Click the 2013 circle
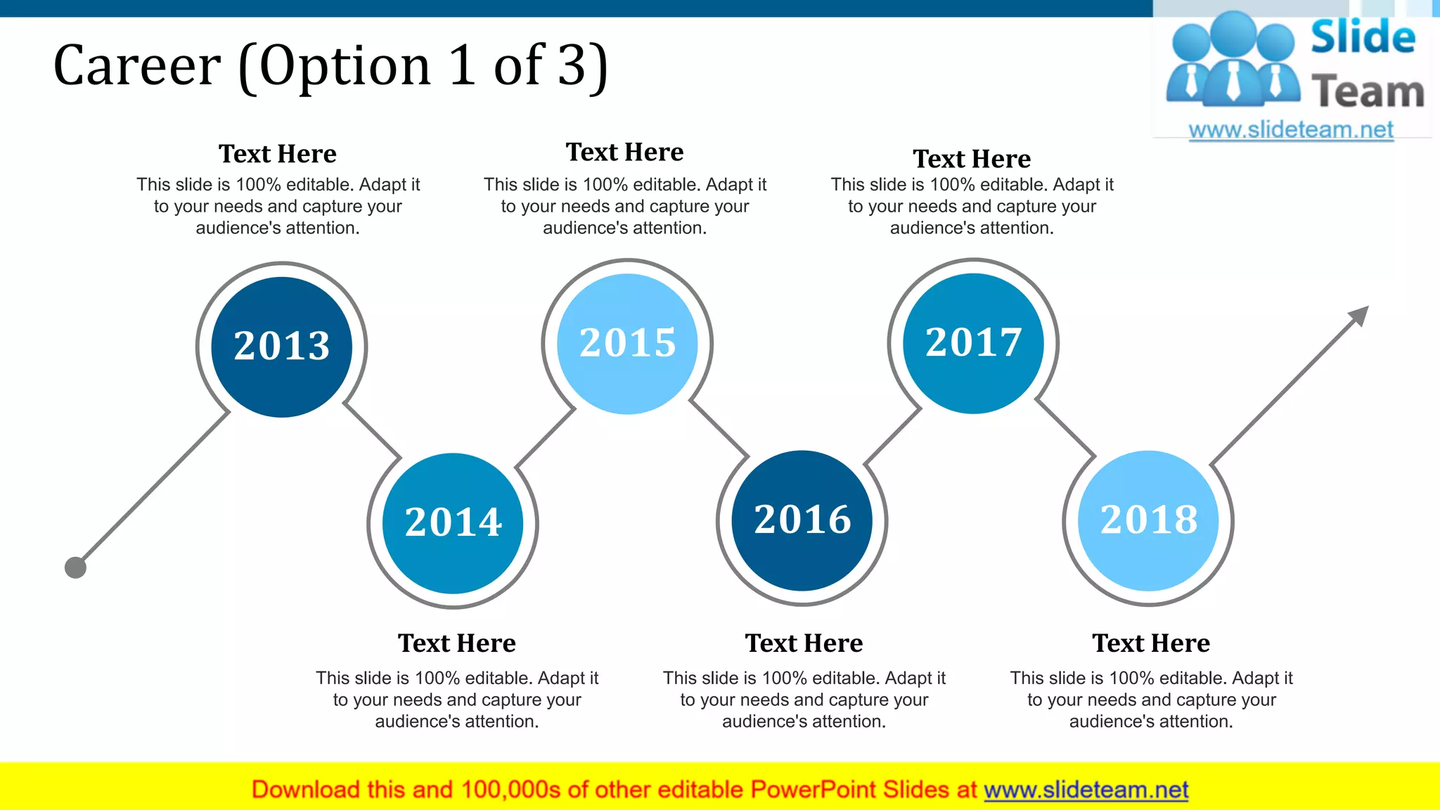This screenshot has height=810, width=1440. click(281, 347)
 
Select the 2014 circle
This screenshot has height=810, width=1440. click(453, 523)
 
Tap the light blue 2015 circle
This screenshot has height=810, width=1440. click(627, 344)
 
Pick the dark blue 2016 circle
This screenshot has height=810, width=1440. click(802, 520)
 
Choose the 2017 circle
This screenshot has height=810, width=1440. click(973, 343)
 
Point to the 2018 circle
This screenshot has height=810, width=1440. click(1148, 520)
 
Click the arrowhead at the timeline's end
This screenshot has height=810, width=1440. click(1360, 314)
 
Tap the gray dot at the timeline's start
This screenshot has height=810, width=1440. click(75, 567)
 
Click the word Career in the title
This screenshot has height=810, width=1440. click(137, 66)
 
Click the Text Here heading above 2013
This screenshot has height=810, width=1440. click(278, 154)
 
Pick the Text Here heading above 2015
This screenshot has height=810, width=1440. click(624, 152)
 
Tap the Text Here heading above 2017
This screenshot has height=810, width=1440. click(972, 159)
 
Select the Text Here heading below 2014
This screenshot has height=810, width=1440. click(457, 643)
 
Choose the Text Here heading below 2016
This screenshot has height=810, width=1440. click(804, 643)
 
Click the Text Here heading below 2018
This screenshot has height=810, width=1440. click(1151, 643)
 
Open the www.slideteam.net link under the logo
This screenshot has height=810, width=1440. click(1291, 130)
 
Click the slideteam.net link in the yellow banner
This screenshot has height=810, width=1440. click(1086, 790)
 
